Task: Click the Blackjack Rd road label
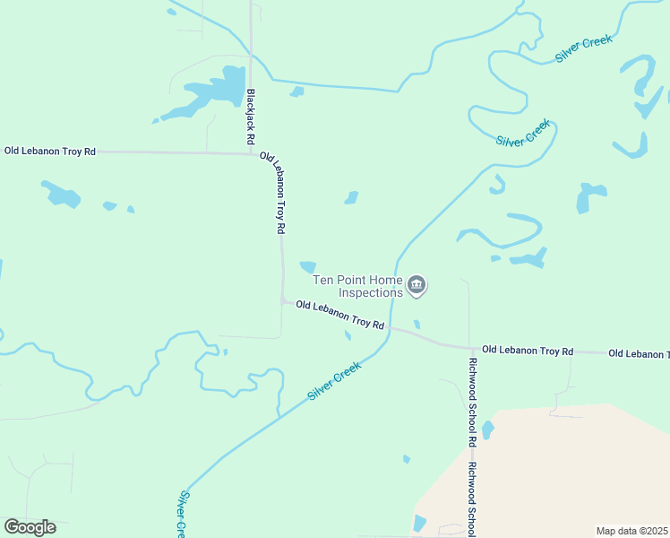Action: [x=251, y=117]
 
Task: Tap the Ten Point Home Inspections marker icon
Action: [x=417, y=286]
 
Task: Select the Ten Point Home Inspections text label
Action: [x=357, y=286]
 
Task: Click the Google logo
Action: [x=30, y=527]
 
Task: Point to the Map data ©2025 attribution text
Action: [x=631, y=531]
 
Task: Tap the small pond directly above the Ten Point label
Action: [x=308, y=266]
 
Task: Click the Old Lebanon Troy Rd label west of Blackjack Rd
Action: [x=50, y=152]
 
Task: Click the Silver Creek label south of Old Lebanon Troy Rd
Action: [x=334, y=381]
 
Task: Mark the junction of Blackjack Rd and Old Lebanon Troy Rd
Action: [x=251, y=153]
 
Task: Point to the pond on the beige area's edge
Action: [x=487, y=430]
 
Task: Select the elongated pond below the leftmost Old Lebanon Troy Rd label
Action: [x=61, y=194]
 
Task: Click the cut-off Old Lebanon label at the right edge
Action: [x=638, y=354]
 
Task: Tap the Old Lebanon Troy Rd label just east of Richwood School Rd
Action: [x=527, y=351]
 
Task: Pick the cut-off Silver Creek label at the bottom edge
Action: [x=182, y=514]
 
